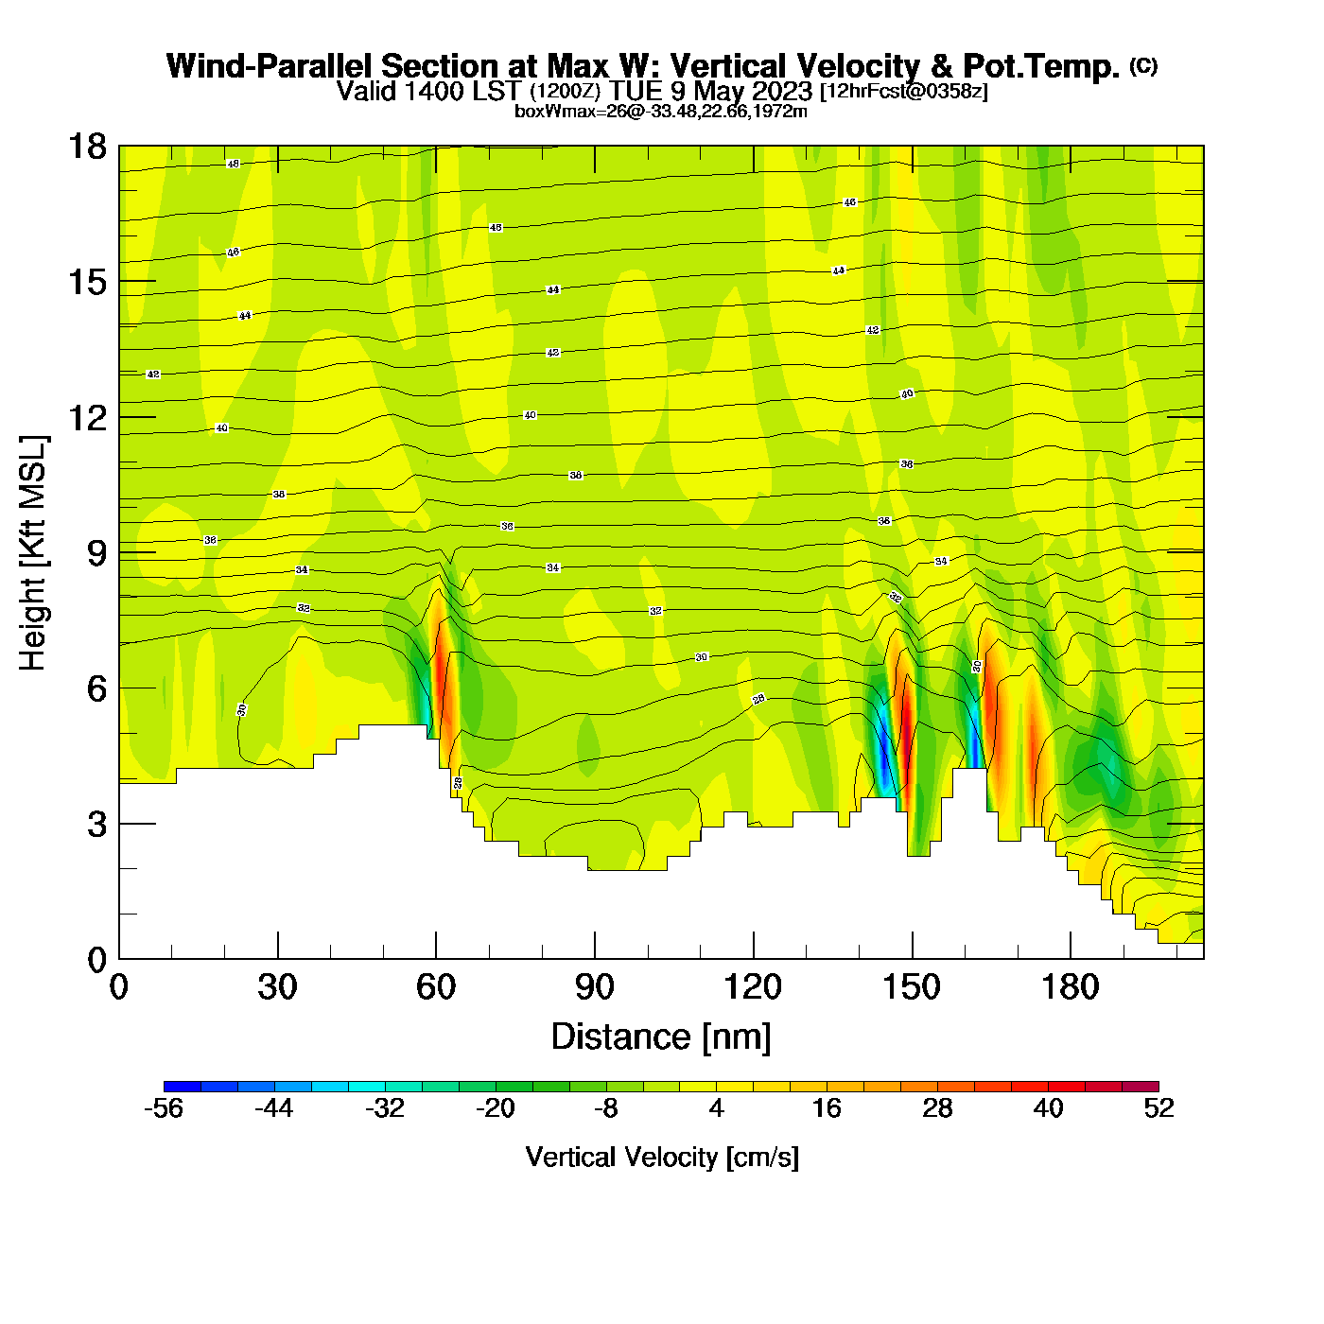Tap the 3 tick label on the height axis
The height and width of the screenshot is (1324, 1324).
96,824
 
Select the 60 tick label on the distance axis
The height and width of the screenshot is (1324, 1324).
436,987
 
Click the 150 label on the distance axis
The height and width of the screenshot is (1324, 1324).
912,987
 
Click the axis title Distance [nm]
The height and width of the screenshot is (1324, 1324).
661,1037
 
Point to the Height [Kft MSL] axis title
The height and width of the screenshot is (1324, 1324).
33,553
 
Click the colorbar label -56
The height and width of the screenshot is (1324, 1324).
163,1108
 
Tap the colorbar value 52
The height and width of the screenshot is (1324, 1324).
1158,1108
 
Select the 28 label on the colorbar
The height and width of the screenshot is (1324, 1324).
937,1108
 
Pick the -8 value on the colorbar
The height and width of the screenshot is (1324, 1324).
605,1108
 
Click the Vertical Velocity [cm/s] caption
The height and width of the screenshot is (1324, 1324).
662,1157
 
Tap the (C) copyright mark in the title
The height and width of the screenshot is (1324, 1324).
1143,65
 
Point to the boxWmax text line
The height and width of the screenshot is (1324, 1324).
661,112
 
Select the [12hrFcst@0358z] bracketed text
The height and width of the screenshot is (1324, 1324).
903,91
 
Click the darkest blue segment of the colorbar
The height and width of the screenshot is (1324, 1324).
182,1087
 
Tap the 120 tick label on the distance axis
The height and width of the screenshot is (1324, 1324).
753,987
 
